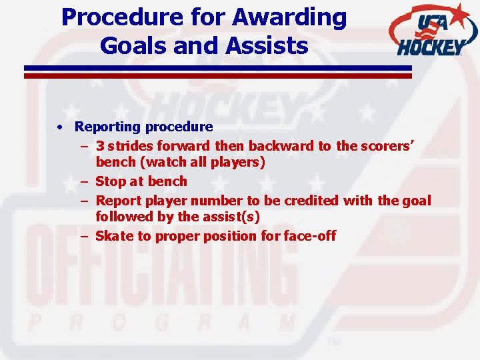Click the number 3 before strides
(99, 145)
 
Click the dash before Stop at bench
(85, 181)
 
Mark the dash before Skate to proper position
(85, 236)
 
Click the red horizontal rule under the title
(218, 76)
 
